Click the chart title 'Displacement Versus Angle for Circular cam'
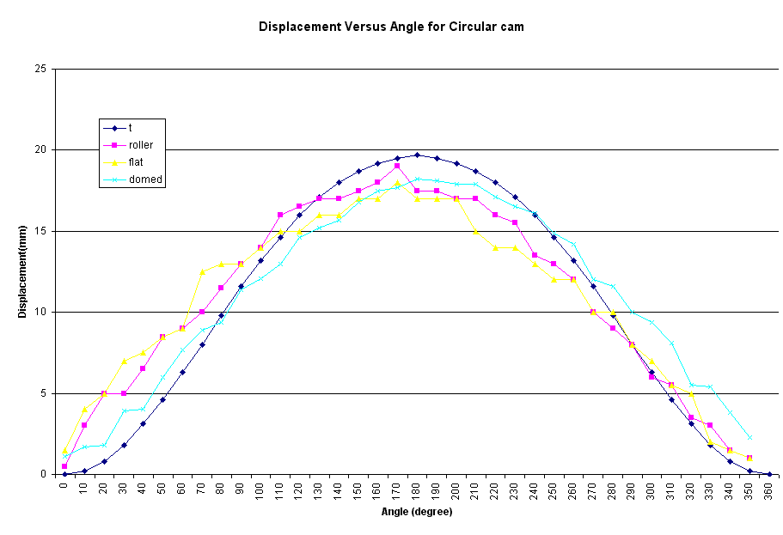391,27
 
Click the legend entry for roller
141,145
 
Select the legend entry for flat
136,162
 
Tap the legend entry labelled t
130,128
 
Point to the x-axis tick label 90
241,489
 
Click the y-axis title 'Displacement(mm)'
22,271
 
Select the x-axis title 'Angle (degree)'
416,512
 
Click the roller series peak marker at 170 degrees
397,166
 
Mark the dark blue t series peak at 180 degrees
417,155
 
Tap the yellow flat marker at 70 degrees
202,271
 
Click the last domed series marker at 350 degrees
749,437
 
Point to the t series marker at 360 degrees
769,474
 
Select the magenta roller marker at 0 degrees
64,466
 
